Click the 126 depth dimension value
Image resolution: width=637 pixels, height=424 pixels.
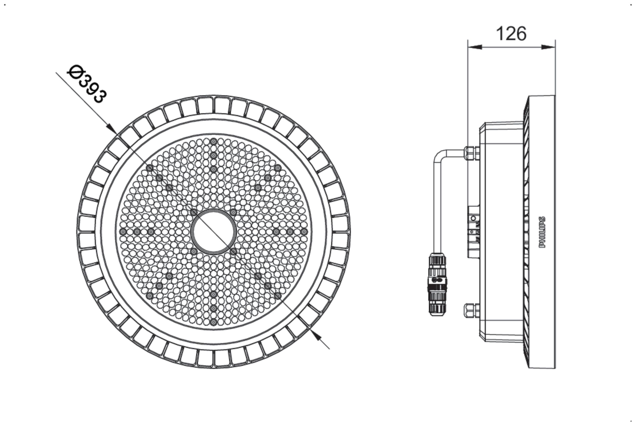pyautogui.click(x=511, y=34)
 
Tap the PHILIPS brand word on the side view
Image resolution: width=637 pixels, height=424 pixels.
pyautogui.click(x=542, y=232)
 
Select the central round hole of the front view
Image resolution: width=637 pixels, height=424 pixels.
pyautogui.click(x=213, y=232)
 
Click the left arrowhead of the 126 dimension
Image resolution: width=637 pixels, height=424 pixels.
pyautogui.click(x=475, y=47)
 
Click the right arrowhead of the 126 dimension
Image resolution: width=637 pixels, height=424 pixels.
pyautogui.click(x=548, y=47)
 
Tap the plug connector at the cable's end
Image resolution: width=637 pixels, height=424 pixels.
pyautogui.click(x=437, y=284)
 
